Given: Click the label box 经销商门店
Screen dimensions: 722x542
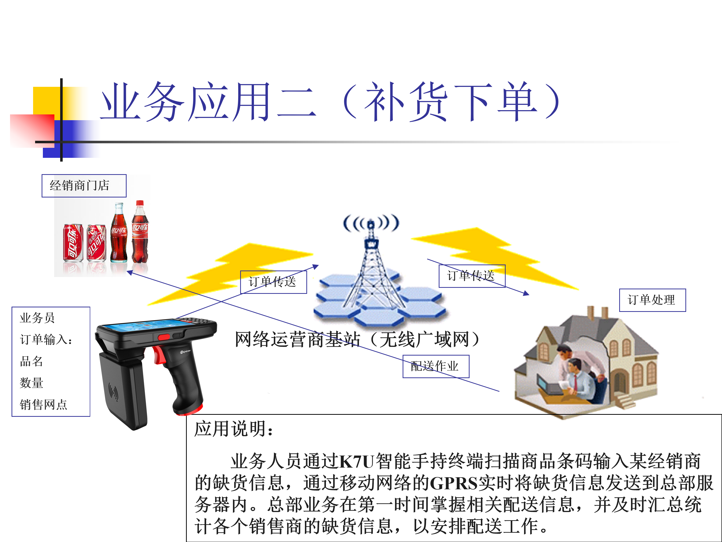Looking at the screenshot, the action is pyautogui.click(x=84, y=186).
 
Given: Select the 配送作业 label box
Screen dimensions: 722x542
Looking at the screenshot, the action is pyautogui.click(x=436, y=366).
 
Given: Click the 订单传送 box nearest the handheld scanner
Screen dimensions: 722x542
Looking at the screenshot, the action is pyautogui.click(x=274, y=282).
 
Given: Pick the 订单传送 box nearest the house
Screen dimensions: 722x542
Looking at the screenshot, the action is pyautogui.click(x=472, y=276).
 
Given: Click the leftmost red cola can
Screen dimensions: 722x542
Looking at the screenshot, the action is pyautogui.click(x=73, y=243).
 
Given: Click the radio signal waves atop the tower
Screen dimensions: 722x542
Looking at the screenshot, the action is pyautogui.click(x=371, y=223).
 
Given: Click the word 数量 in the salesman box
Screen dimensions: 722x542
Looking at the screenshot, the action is pyautogui.click(x=31, y=383).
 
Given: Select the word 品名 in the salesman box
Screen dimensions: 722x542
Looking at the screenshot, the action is pyautogui.click(x=31, y=361).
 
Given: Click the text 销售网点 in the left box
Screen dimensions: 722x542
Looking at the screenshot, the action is pyautogui.click(x=43, y=404).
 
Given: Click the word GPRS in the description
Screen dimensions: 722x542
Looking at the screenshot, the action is pyautogui.click(x=454, y=483).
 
